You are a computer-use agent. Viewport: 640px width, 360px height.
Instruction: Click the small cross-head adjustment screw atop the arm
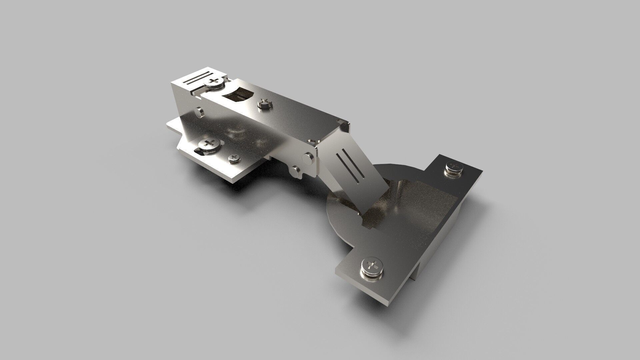pyautogui.click(x=264, y=103)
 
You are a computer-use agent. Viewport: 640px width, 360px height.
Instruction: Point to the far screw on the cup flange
pyautogui.click(x=454, y=168)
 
